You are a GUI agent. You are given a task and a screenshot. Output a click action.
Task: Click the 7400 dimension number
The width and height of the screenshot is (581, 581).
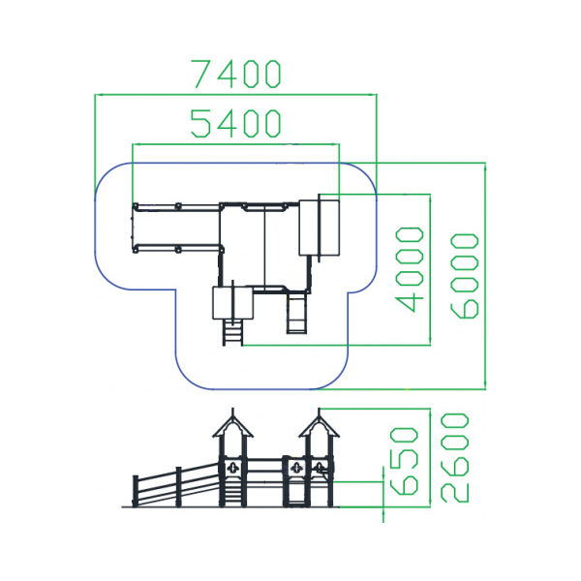pos(235,74)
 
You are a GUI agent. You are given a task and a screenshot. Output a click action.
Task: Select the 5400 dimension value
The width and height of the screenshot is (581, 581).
pos(235,123)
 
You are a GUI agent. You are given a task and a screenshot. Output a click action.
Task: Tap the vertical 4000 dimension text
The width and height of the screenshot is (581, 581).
pos(411,268)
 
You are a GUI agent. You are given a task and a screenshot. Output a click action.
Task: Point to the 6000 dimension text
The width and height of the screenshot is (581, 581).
pos(465,275)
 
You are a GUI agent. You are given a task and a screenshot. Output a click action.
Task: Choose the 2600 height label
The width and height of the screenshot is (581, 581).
pos(454,457)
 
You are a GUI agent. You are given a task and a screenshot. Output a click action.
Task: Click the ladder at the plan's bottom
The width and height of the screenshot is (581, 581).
pos(232,332)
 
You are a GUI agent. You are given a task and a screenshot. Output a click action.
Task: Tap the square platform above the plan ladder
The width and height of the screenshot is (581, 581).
pos(231,302)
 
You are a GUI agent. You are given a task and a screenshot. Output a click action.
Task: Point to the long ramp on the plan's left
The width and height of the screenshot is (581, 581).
pos(175,227)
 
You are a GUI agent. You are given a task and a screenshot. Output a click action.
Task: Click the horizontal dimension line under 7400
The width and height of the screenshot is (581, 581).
pos(235,95)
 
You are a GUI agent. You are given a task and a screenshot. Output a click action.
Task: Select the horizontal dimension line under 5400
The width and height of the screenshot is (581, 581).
pos(235,144)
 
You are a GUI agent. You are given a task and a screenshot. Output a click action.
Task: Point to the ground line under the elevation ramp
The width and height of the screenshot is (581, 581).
pos(174,506)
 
